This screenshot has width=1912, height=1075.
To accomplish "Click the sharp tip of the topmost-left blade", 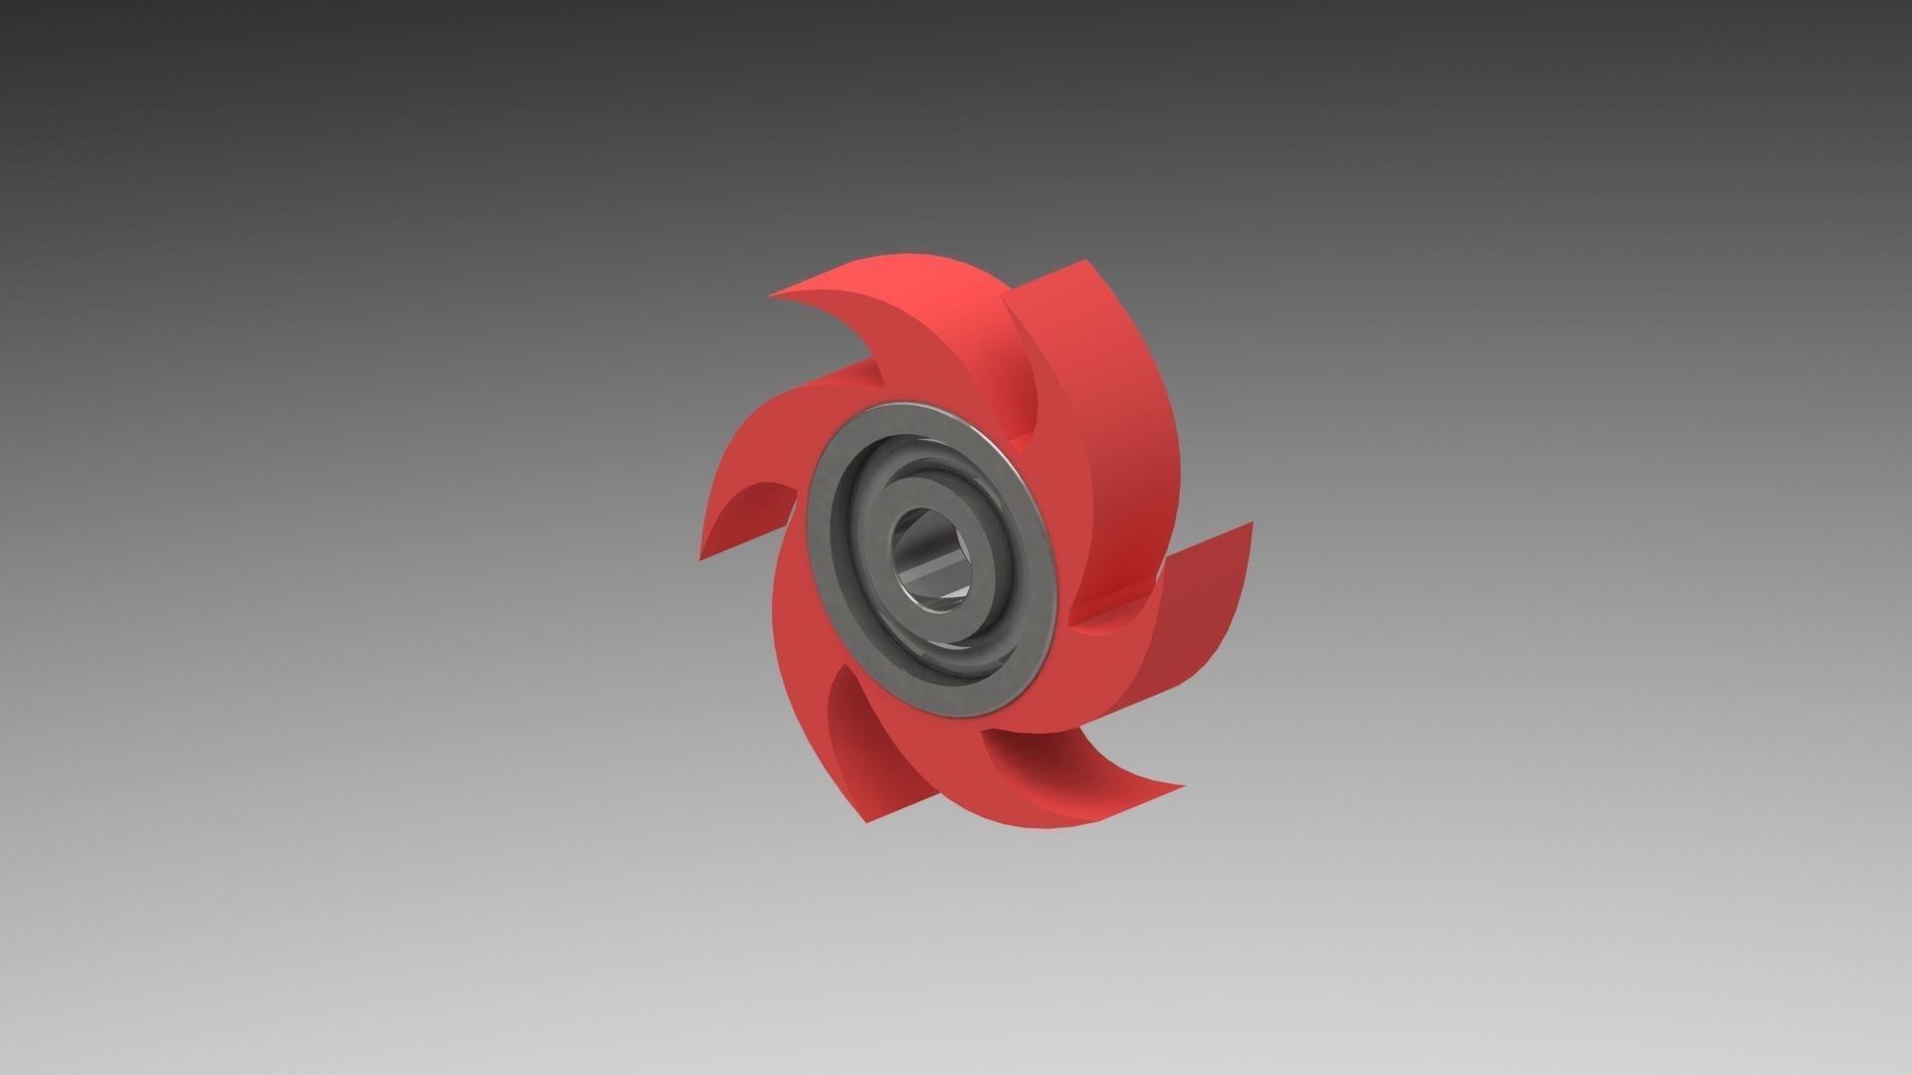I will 771,296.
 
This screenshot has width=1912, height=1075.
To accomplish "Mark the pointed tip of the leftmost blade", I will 701,557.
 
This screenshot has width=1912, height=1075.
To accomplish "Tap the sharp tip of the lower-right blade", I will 1183,785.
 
